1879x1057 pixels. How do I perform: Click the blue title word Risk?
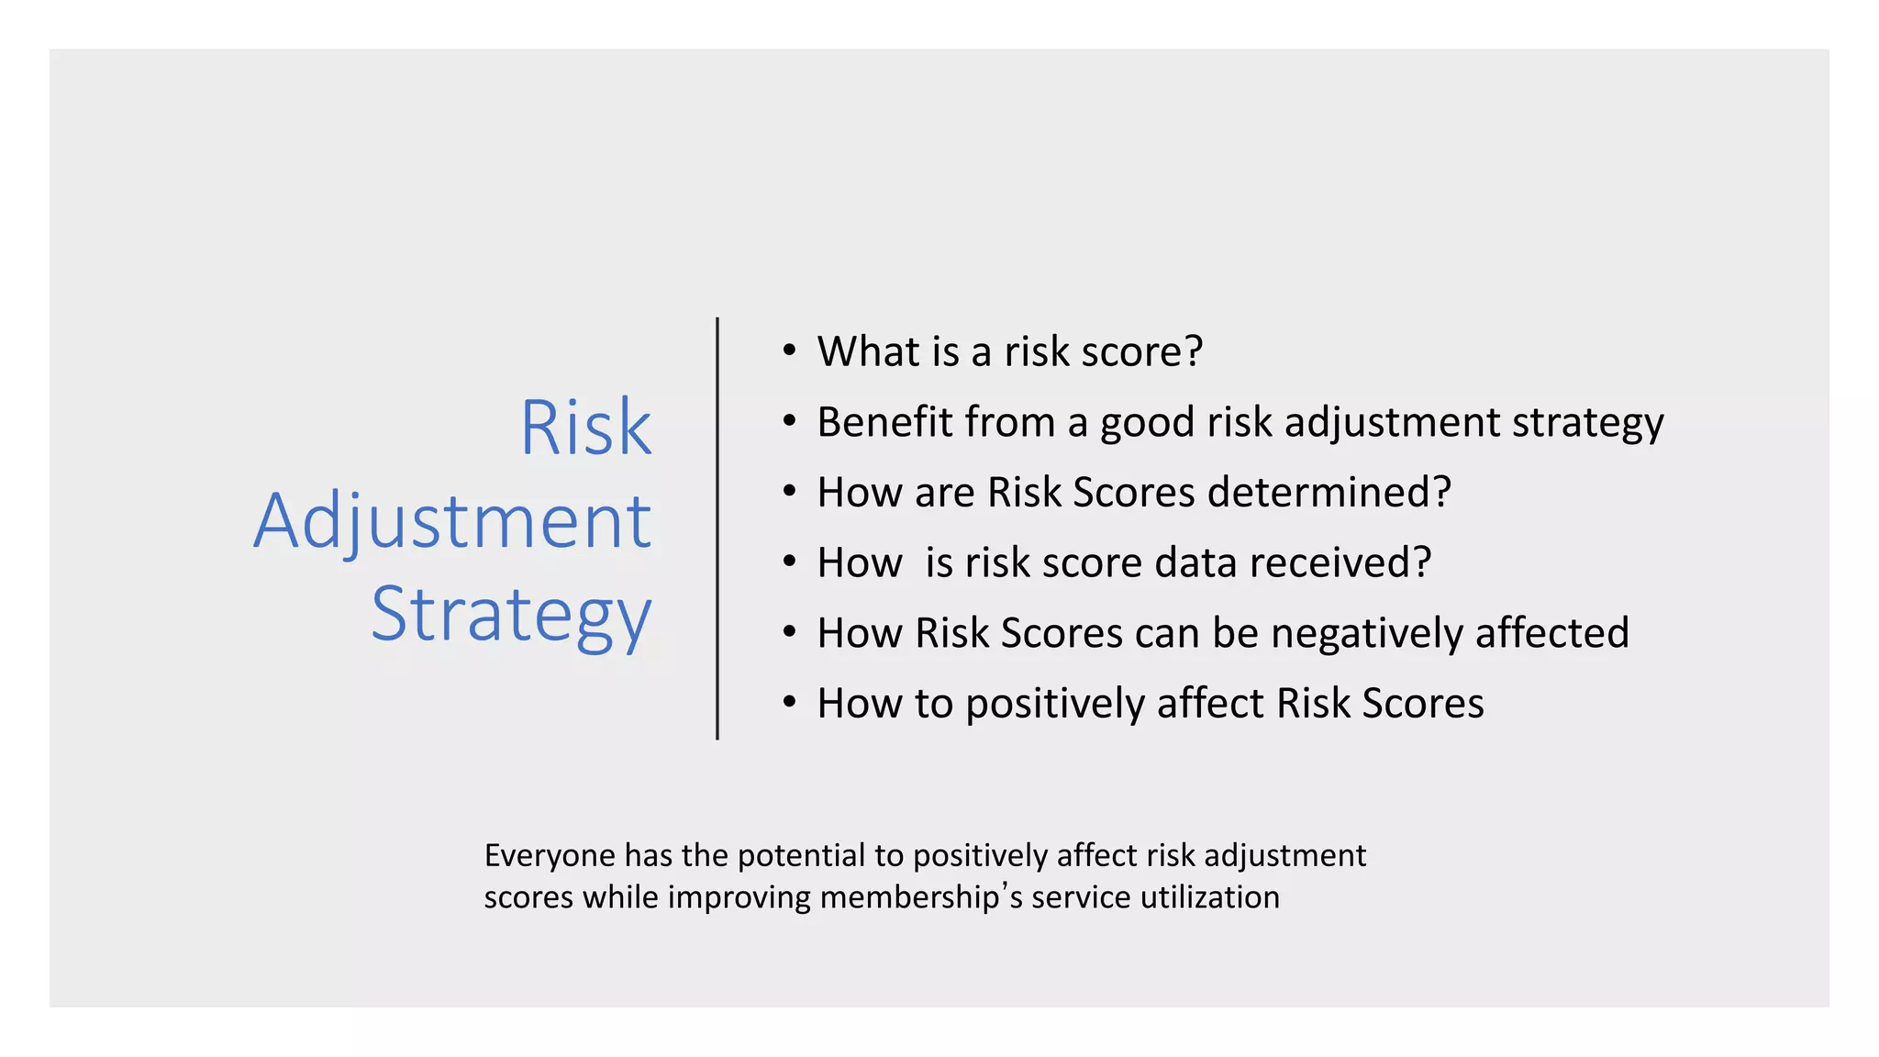coord(585,428)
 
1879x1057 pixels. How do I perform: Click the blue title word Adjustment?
coord(452,521)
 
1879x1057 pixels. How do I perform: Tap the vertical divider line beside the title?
coord(717,528)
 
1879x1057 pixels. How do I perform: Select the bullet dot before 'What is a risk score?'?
coord(789,350)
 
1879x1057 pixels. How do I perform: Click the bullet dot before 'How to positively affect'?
coord(789,702)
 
